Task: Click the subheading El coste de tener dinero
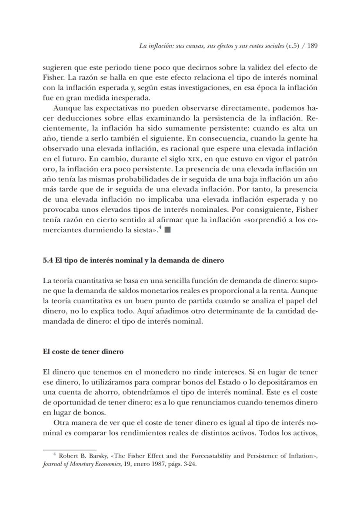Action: [83, 351]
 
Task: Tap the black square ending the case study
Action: [167, 230]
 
